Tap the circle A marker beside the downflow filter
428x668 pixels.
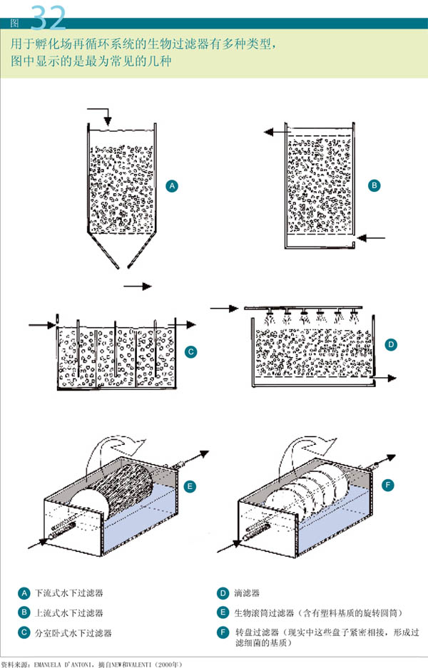171,186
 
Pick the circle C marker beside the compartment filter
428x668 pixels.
190,351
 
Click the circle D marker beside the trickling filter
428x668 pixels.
390,344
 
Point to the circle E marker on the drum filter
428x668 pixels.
190,487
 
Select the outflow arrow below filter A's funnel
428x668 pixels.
138,286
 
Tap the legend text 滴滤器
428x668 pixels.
248,593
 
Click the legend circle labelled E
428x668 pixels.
223,612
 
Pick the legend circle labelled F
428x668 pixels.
223,632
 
